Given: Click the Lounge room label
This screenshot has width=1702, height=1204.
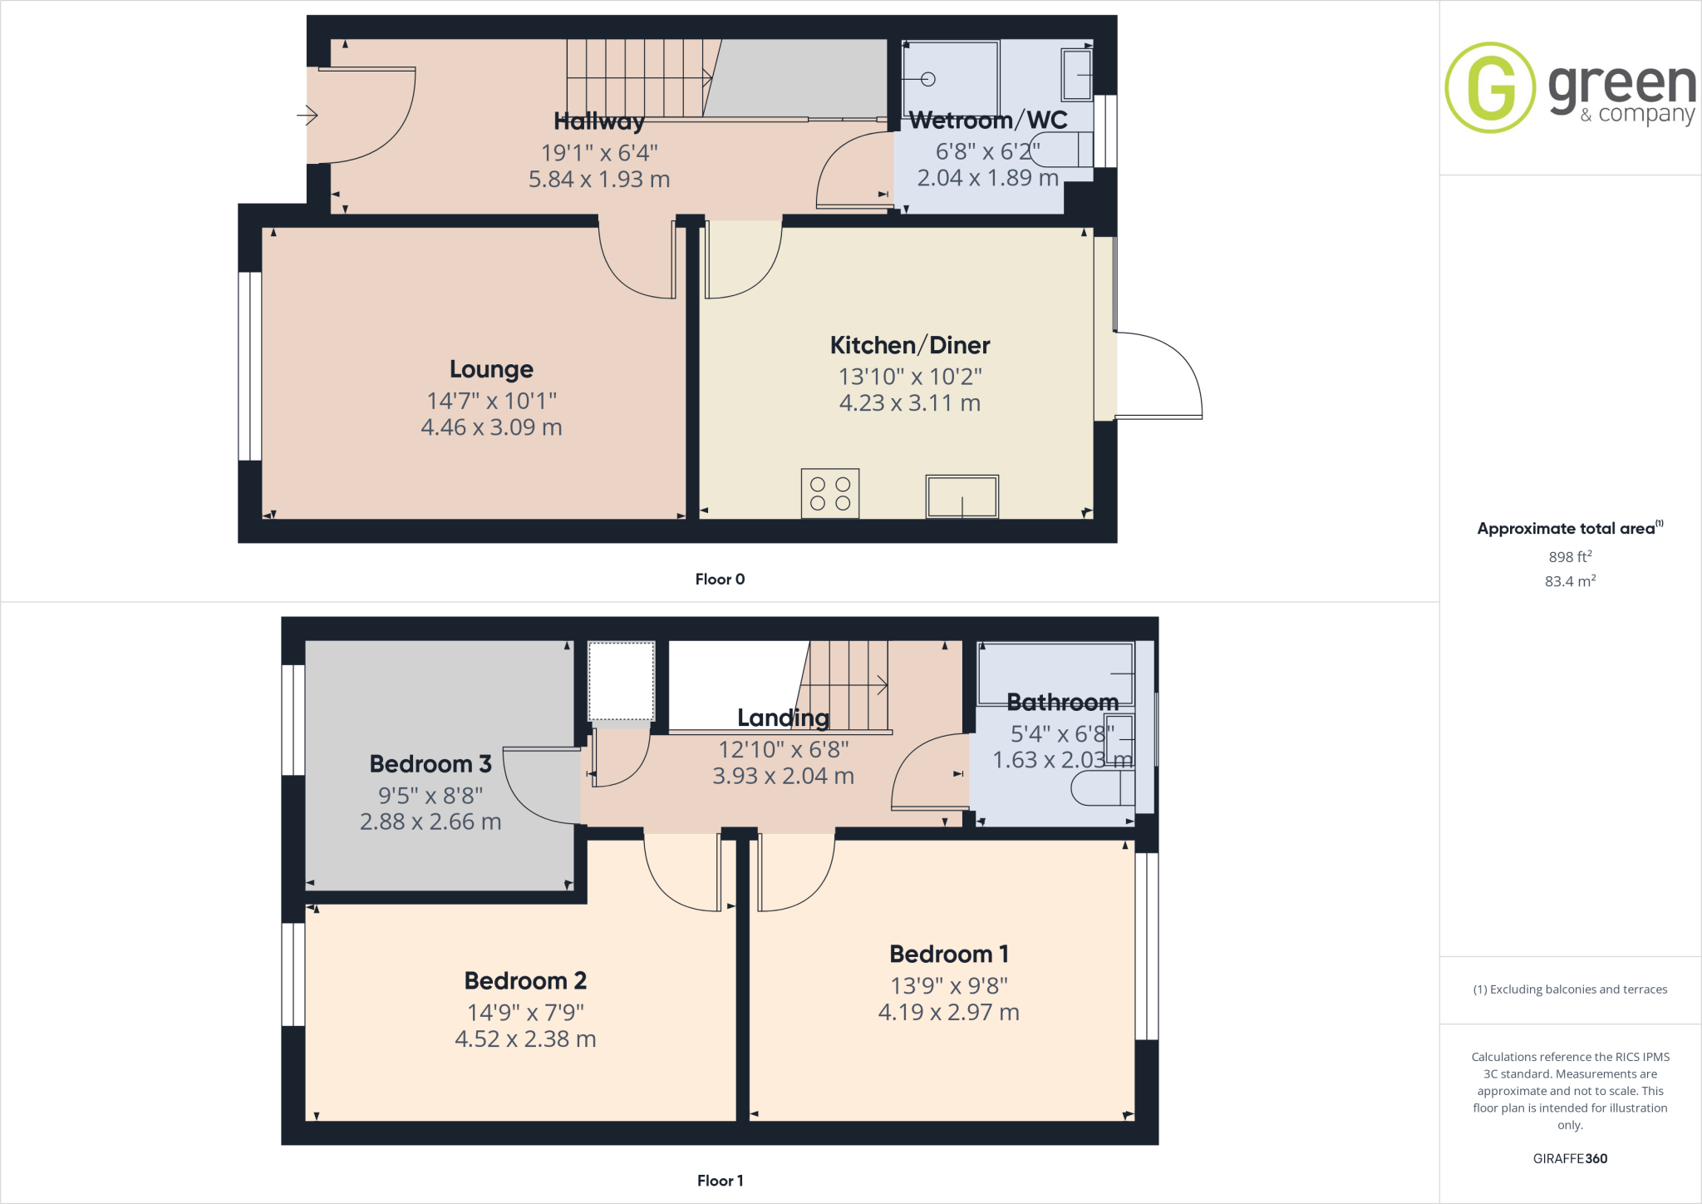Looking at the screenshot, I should tap(491, 369).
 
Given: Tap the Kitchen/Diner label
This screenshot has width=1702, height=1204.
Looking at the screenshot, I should tap(910, 345).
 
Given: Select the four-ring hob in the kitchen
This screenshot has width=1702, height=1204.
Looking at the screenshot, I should tap(830, 493).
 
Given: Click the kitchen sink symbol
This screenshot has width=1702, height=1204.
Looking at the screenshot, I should tap(962, 496).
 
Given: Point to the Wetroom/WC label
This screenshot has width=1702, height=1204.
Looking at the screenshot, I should tap(988, 121).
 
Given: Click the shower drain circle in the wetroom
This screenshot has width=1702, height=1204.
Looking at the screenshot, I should tap(928, 79).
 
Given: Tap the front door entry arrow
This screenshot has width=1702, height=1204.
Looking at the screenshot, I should tap(307, 115).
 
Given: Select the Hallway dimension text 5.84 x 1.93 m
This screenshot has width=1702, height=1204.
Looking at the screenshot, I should tap(599, 180).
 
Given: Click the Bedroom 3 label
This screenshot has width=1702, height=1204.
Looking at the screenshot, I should tap(430, 763).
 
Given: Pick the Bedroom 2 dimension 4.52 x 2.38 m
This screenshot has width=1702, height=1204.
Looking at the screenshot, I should tap(525, 1039).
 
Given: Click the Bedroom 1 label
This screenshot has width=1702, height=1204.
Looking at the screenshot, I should tap(949, 954).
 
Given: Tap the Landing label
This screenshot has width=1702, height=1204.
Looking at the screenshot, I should tap(783, 718).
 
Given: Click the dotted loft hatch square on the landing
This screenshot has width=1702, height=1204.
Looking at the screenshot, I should tap(622, 681).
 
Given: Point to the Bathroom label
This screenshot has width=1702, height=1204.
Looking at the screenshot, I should tap(1062, 703).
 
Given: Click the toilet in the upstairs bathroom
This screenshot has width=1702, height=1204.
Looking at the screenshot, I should tap(1101, 787).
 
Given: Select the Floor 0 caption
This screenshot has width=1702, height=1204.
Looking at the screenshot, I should tap(720, 580).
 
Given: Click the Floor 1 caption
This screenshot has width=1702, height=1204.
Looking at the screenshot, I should tap(720, 1181).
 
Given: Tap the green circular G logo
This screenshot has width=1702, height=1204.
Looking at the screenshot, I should tap(1490, 87).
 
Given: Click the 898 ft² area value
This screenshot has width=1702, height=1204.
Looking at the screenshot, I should tap(1570, 557).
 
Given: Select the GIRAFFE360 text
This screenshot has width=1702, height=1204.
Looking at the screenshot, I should tap(1570, 1158).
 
